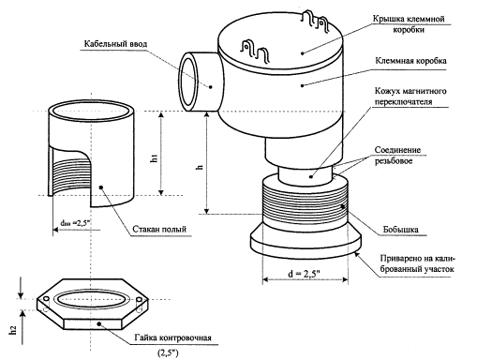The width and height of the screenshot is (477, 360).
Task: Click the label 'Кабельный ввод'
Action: [115, 44]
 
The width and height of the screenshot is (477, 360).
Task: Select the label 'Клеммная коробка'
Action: [410, 61]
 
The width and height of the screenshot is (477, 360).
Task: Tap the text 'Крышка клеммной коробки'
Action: [409, 24]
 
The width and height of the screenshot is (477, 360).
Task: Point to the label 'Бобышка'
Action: [401, 230]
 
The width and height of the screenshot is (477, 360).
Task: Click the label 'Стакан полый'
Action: [159, 229]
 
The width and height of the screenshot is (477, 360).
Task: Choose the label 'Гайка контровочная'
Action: [173, 337]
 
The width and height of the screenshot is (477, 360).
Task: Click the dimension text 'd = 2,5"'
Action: [304, 274]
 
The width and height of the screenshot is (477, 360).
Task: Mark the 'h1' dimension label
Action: [154, 158]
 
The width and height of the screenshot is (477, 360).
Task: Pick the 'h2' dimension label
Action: [13, 330]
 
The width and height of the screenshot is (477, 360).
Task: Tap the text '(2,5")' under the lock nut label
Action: [168, 353]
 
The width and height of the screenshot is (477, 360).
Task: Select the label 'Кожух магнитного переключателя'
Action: [410, 97]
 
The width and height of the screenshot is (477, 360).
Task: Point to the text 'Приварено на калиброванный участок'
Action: [417, 263]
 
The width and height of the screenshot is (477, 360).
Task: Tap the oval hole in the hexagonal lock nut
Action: [93, 299]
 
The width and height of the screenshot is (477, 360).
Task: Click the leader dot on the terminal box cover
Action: [303, 53]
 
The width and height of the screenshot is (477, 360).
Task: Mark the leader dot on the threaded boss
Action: [342, 206]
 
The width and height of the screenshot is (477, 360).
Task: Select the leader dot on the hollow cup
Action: [101, 187]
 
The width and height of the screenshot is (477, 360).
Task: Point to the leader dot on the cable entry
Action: [211, 87]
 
